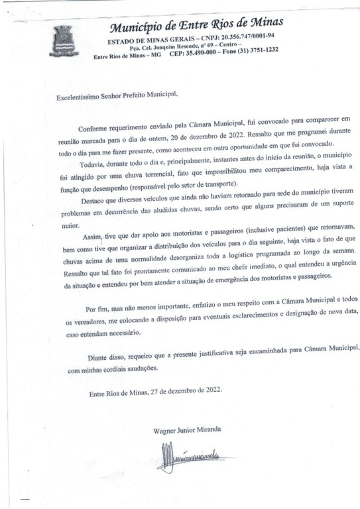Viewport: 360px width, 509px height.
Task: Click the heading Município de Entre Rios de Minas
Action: click(195, 27)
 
